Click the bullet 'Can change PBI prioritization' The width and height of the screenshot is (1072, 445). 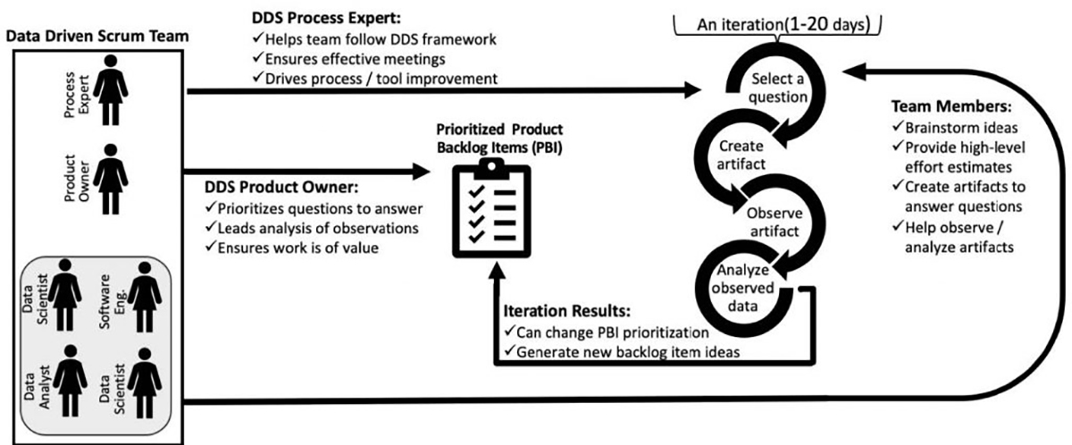coord(601,332)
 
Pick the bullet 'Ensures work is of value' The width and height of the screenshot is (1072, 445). coord(297,248)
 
